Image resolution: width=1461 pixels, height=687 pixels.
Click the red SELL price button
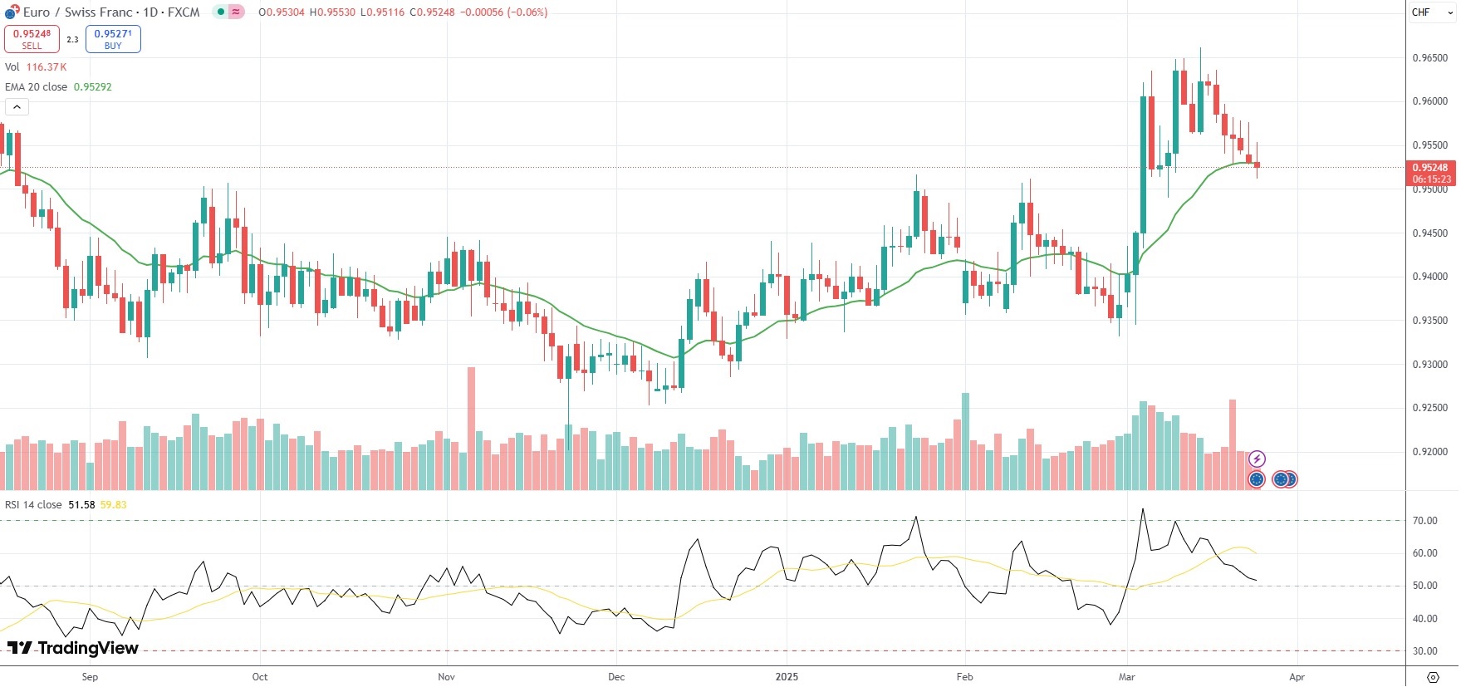(32, 39)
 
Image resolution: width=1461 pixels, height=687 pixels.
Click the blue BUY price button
(113, 39)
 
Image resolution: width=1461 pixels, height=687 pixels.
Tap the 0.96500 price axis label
(1429, 58)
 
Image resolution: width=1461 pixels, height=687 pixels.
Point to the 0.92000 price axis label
(1429, 452)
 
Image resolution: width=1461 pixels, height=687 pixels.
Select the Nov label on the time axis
(446, 677)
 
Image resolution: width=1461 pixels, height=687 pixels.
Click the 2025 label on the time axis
(787, 677)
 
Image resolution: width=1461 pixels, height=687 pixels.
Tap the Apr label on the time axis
(1297, 677)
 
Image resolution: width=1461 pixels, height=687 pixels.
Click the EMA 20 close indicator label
(37, 87)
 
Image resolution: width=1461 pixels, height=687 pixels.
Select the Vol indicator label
(12, 67)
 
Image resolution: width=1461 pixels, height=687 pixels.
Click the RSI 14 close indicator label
(33, 505)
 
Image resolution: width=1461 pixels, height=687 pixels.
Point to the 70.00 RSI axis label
(1425, 521)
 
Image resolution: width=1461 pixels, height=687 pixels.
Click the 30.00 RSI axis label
(1425, 651)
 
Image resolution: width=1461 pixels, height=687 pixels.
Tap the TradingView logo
(73, 648)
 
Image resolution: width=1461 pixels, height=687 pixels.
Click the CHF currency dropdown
(1432, 12)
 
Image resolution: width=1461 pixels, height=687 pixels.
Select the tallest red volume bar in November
(472, 428)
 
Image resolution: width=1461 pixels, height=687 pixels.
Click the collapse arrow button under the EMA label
(17, 107)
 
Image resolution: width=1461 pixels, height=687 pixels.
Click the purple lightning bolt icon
(1258, 459)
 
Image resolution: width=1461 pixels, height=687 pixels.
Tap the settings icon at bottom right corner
(1433, 677)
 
